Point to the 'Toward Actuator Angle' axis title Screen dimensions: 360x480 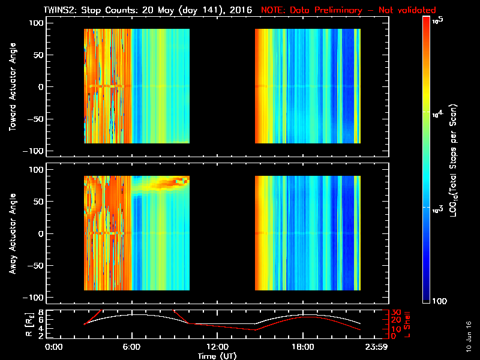(x=12, y=87)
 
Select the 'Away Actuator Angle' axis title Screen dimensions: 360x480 (x=12, y=233)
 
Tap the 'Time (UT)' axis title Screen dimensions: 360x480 (x=217, y=356)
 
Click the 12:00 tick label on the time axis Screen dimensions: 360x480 (x=217, y=347)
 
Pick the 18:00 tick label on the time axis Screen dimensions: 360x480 (x=302, y=347)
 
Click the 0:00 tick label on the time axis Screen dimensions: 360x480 (x=53, y=347)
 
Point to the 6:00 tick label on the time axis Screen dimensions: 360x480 (x=131, y=347)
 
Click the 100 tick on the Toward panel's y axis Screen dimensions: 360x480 (x=36, y=23)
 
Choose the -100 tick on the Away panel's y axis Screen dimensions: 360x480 (x=35, y=298)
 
